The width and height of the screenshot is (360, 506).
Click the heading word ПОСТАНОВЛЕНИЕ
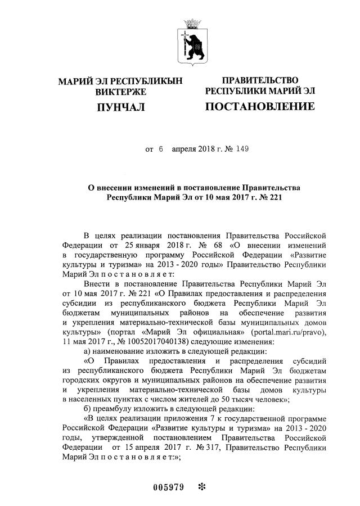tap(260, 106)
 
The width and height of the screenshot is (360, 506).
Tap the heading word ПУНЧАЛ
tap(120, 106)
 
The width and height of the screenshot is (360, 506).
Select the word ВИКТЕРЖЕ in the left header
tap(120, 91)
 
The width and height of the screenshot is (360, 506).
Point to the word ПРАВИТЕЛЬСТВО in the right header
tap(260, 80)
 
